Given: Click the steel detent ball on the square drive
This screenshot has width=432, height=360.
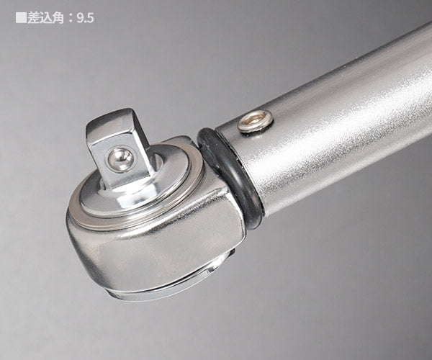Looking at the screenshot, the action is click(120, 159).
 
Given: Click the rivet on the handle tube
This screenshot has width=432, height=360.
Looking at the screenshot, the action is click(255, 121).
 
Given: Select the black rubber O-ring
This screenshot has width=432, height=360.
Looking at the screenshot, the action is click(229, 176).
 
